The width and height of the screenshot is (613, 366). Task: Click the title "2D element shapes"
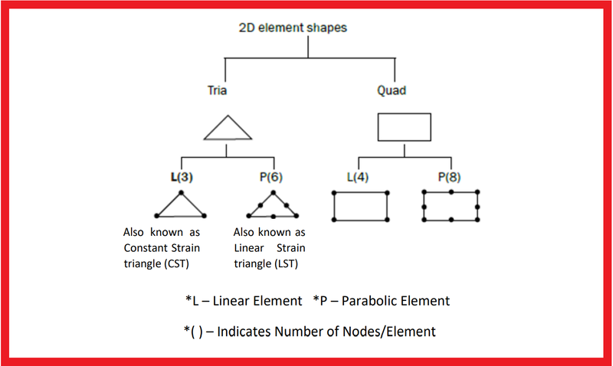coord(293,28)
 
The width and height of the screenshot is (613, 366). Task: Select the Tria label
coord(217,90)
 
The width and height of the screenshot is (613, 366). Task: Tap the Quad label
coord(392,90)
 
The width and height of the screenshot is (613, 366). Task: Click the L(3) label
coord(182,177)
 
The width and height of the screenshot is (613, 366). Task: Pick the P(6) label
coord(271,177)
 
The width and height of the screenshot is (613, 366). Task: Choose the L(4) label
coord(358,177)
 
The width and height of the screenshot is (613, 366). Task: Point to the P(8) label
coord(449,177)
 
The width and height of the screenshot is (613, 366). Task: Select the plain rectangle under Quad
coord(405,113)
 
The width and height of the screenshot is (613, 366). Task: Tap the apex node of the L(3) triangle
coord(181,192)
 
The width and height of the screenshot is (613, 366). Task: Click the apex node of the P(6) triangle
coord(274,192)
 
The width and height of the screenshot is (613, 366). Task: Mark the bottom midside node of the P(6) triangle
coord(274,217)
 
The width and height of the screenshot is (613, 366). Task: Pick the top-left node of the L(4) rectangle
coord(334,193)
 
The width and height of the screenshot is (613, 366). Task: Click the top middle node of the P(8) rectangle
coord(451,191)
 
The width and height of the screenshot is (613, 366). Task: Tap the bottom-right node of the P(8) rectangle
coord(477,220)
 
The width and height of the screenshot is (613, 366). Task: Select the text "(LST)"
coord(286,263)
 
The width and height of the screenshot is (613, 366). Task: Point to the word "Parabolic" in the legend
coord(368,301)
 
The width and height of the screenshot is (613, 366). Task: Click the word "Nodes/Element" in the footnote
coord(389,332)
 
